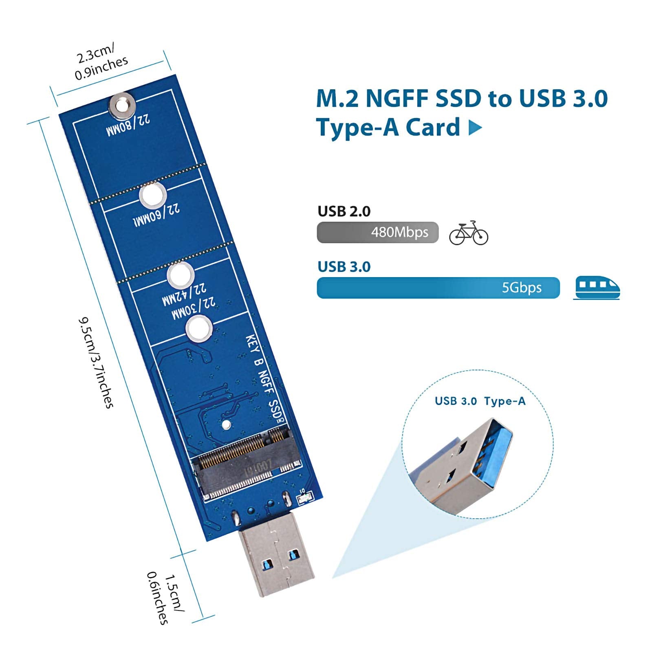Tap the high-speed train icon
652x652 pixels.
(597, 288)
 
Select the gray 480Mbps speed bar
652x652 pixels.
(377, 232)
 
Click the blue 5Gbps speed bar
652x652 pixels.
(438, 288)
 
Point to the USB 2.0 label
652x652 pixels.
(344, 211)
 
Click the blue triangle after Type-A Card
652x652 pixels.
(475, 128)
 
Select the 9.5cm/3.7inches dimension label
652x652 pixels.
(96, 362)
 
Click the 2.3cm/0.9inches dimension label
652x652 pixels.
(101, 62)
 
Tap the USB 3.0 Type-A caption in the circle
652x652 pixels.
(480, 401)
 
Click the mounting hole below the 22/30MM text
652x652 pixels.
(199, 329)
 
